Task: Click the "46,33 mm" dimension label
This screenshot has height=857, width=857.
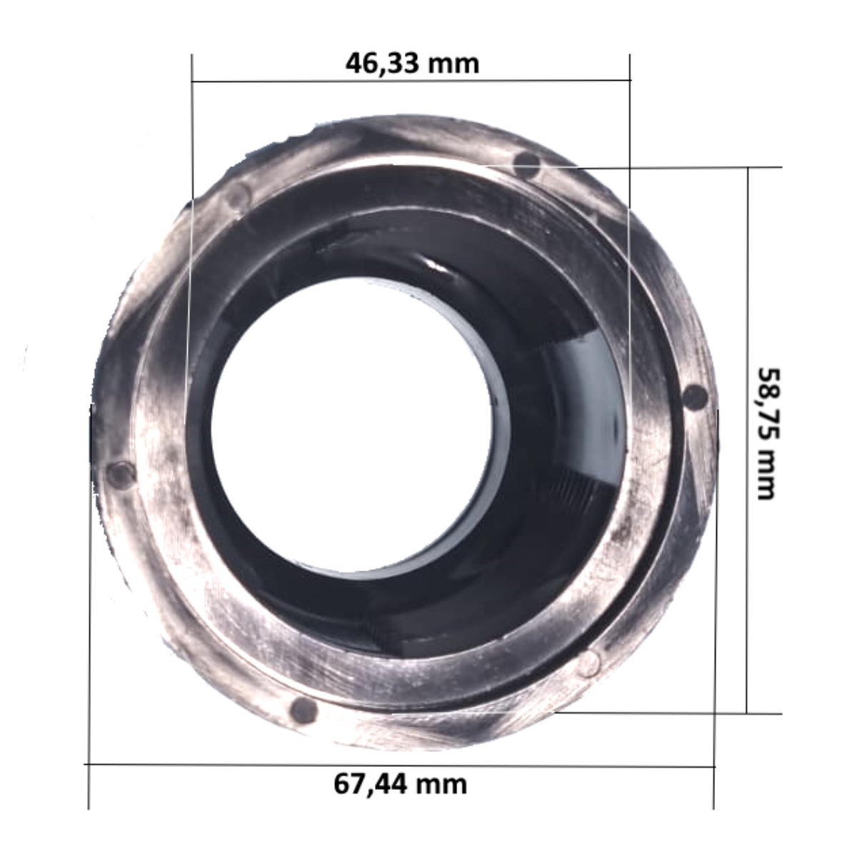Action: click(x=412, y=64)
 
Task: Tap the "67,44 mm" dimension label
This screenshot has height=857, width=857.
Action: click(x=401, y=784)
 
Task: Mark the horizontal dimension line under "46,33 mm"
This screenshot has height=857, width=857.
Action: click(x=411, y=81)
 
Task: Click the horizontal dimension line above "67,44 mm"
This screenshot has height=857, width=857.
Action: click(x=400, y=766)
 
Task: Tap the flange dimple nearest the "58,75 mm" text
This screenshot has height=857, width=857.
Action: click(x=695, y=396)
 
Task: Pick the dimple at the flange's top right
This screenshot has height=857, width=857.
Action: click(x=527, y=164)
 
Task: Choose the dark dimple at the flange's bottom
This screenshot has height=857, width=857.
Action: click(x=303, y=709)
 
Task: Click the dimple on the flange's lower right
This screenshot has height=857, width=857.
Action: click(x=588, y=663)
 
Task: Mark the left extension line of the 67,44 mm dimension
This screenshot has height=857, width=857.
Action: click(x=89, y=607)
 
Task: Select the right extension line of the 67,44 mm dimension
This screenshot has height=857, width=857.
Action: click(x=714, y=607)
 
